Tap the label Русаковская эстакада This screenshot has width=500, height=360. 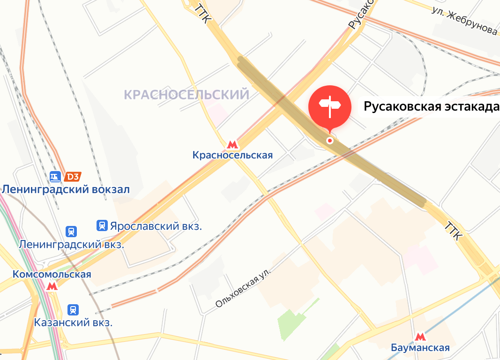coord(431,107)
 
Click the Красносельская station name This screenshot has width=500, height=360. coord(232,155)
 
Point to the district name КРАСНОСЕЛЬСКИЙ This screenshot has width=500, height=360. coord(187,95)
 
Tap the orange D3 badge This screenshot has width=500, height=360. coord(73,177)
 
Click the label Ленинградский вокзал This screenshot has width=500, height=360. coord(66,189)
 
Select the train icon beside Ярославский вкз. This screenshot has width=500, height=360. coord(102,226)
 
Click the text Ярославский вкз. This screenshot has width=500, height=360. coord(156,226)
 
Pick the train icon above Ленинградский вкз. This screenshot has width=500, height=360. coord(71,232)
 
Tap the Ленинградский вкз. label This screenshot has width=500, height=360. coord(71,244)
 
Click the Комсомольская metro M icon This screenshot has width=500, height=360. coord(52,286)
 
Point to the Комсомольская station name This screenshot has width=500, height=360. coord(52,274)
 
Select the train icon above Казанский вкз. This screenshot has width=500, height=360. coord(73,310)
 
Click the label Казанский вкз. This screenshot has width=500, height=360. coord(73,322)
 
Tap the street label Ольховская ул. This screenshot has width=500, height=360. coord(243,285)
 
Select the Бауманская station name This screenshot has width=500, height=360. coord(420,347)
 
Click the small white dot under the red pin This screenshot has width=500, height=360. coord(330,140)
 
